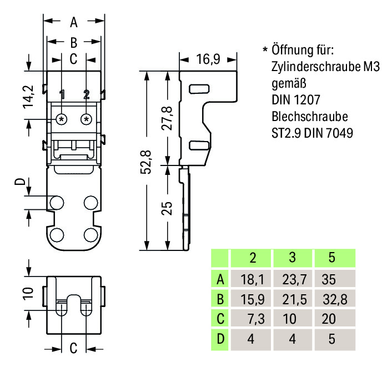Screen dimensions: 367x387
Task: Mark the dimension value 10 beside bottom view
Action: tap(29, 292)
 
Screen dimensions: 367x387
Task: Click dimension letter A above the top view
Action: tap(74, 23)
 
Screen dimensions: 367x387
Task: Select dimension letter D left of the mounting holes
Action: tap(20, 183)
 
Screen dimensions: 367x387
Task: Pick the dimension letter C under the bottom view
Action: tap(73, 349)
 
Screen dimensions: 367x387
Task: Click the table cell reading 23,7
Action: tap(293, 279)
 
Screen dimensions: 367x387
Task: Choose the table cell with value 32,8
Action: tap(334, 299)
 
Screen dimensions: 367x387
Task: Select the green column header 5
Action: tap(332, 259)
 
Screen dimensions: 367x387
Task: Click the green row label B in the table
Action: tap(220, 299)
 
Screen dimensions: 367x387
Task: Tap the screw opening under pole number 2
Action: tap(86, 119)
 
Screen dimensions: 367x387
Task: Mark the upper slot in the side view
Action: tap(198, 88)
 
